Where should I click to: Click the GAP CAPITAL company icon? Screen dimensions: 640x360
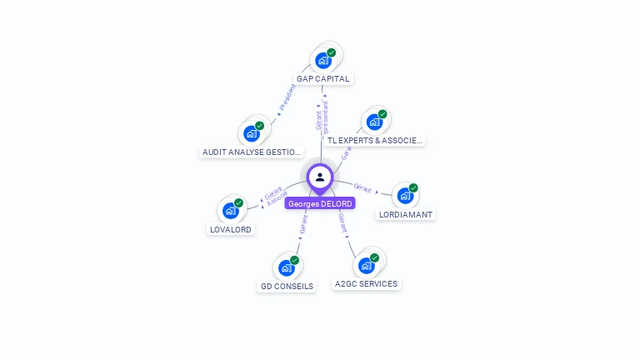click(323, 60)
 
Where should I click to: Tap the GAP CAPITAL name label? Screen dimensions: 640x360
click(323, 79)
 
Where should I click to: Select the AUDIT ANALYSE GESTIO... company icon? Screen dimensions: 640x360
click(252, 132)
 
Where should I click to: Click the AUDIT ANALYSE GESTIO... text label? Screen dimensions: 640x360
click(252, 152)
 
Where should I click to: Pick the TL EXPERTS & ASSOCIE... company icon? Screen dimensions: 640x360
click(374, 122)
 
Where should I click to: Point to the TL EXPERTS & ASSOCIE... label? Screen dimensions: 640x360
click(374, 141)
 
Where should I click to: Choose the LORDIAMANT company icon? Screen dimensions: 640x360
click(405, 195)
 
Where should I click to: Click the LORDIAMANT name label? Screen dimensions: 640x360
click(406, 214)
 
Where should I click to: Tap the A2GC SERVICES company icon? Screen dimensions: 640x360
click(367, 265)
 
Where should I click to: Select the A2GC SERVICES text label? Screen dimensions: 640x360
click(366, 284)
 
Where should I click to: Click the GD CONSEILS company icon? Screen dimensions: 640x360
click(287, 267)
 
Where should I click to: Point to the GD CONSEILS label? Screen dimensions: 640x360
click(287, 286)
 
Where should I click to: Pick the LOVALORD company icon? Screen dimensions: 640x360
click(231, 210)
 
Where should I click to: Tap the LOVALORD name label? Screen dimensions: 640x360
click(230, 229)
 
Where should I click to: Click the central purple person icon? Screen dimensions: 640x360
click(320, 177)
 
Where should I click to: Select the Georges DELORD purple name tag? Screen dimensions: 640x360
click(320, 203)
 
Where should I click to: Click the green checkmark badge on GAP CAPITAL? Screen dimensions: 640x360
click(332, 52)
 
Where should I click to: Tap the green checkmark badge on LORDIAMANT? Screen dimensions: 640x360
click(413, 187)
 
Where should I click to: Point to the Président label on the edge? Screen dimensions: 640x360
click(287, 97)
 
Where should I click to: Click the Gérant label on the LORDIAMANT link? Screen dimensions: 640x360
click(362, 187)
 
